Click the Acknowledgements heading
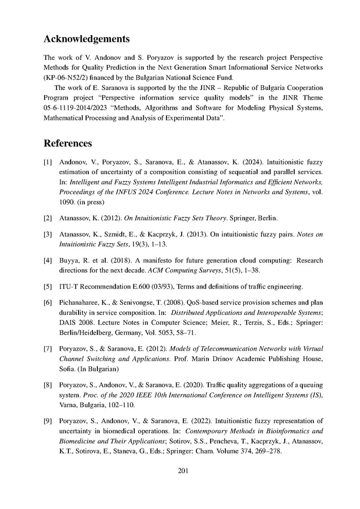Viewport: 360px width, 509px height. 87,39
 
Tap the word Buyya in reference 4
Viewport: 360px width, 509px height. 70,261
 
